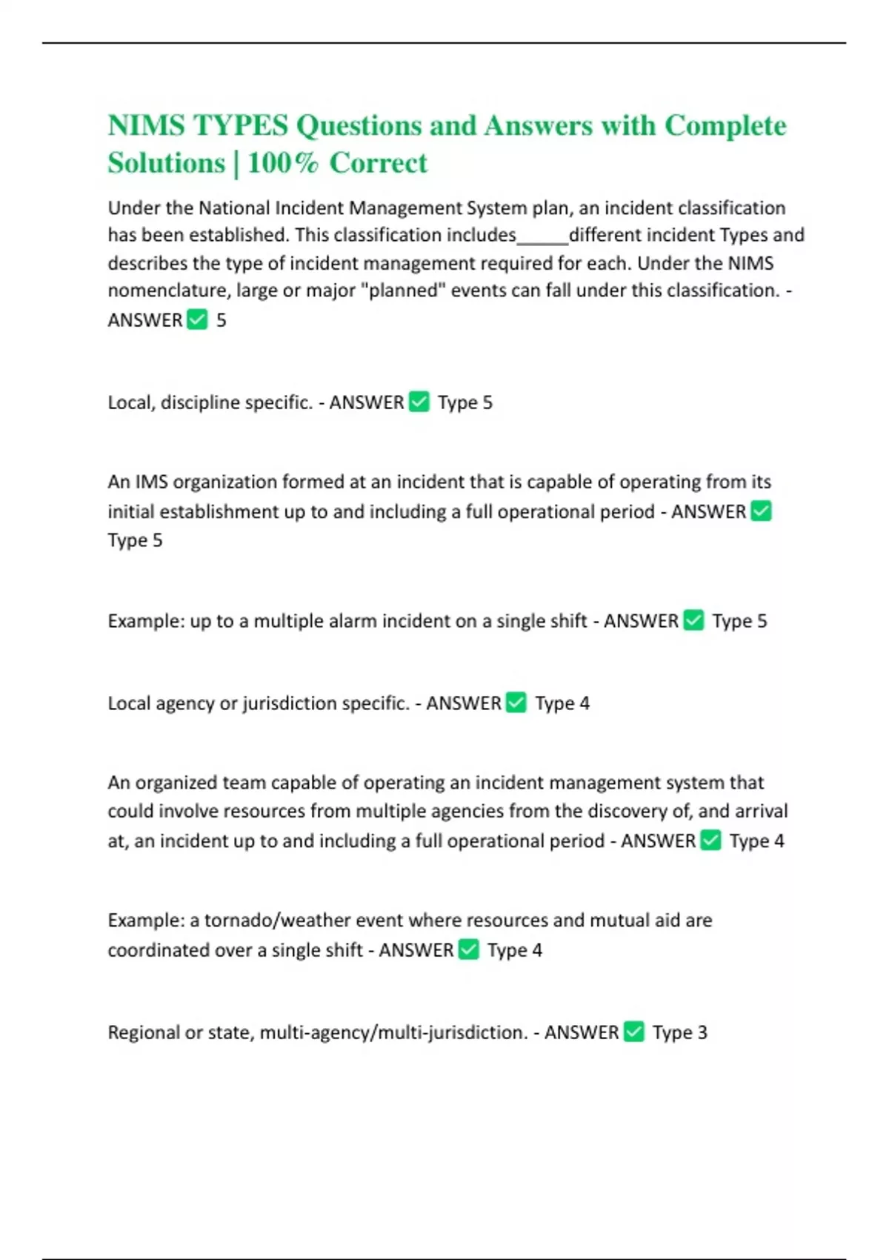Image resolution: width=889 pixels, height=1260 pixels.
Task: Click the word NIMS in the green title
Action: [x=146, y=126]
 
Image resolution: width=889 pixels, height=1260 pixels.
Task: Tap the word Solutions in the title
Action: [x=166, y=163]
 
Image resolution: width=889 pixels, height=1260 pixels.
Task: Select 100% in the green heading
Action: [x=282, y=163]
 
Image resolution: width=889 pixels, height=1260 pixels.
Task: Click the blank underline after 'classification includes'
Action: [x=542, y=237]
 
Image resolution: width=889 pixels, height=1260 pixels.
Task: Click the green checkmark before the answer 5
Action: [x=197, y=319]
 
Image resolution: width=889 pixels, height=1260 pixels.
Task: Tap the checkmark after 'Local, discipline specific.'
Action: [x=419, y=402]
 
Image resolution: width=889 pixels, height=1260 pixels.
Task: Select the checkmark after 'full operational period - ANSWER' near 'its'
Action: [x=761, y=511]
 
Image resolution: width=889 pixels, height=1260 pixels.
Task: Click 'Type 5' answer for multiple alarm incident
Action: [x=739, y=620]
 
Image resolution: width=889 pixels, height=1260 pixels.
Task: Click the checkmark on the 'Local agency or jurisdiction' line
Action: [x=516, y=703]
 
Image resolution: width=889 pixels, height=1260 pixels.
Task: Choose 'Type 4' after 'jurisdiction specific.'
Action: [x=562, y=703]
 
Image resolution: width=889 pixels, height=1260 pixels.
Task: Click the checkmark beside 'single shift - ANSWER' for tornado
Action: [x=469, y=949]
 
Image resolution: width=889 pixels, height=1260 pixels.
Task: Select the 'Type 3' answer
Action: [x=679, y=1032]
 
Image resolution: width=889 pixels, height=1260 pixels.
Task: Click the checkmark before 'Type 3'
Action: [x=634, y=1032]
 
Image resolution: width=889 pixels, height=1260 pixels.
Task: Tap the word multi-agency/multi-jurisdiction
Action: [x=393, y=1032]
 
